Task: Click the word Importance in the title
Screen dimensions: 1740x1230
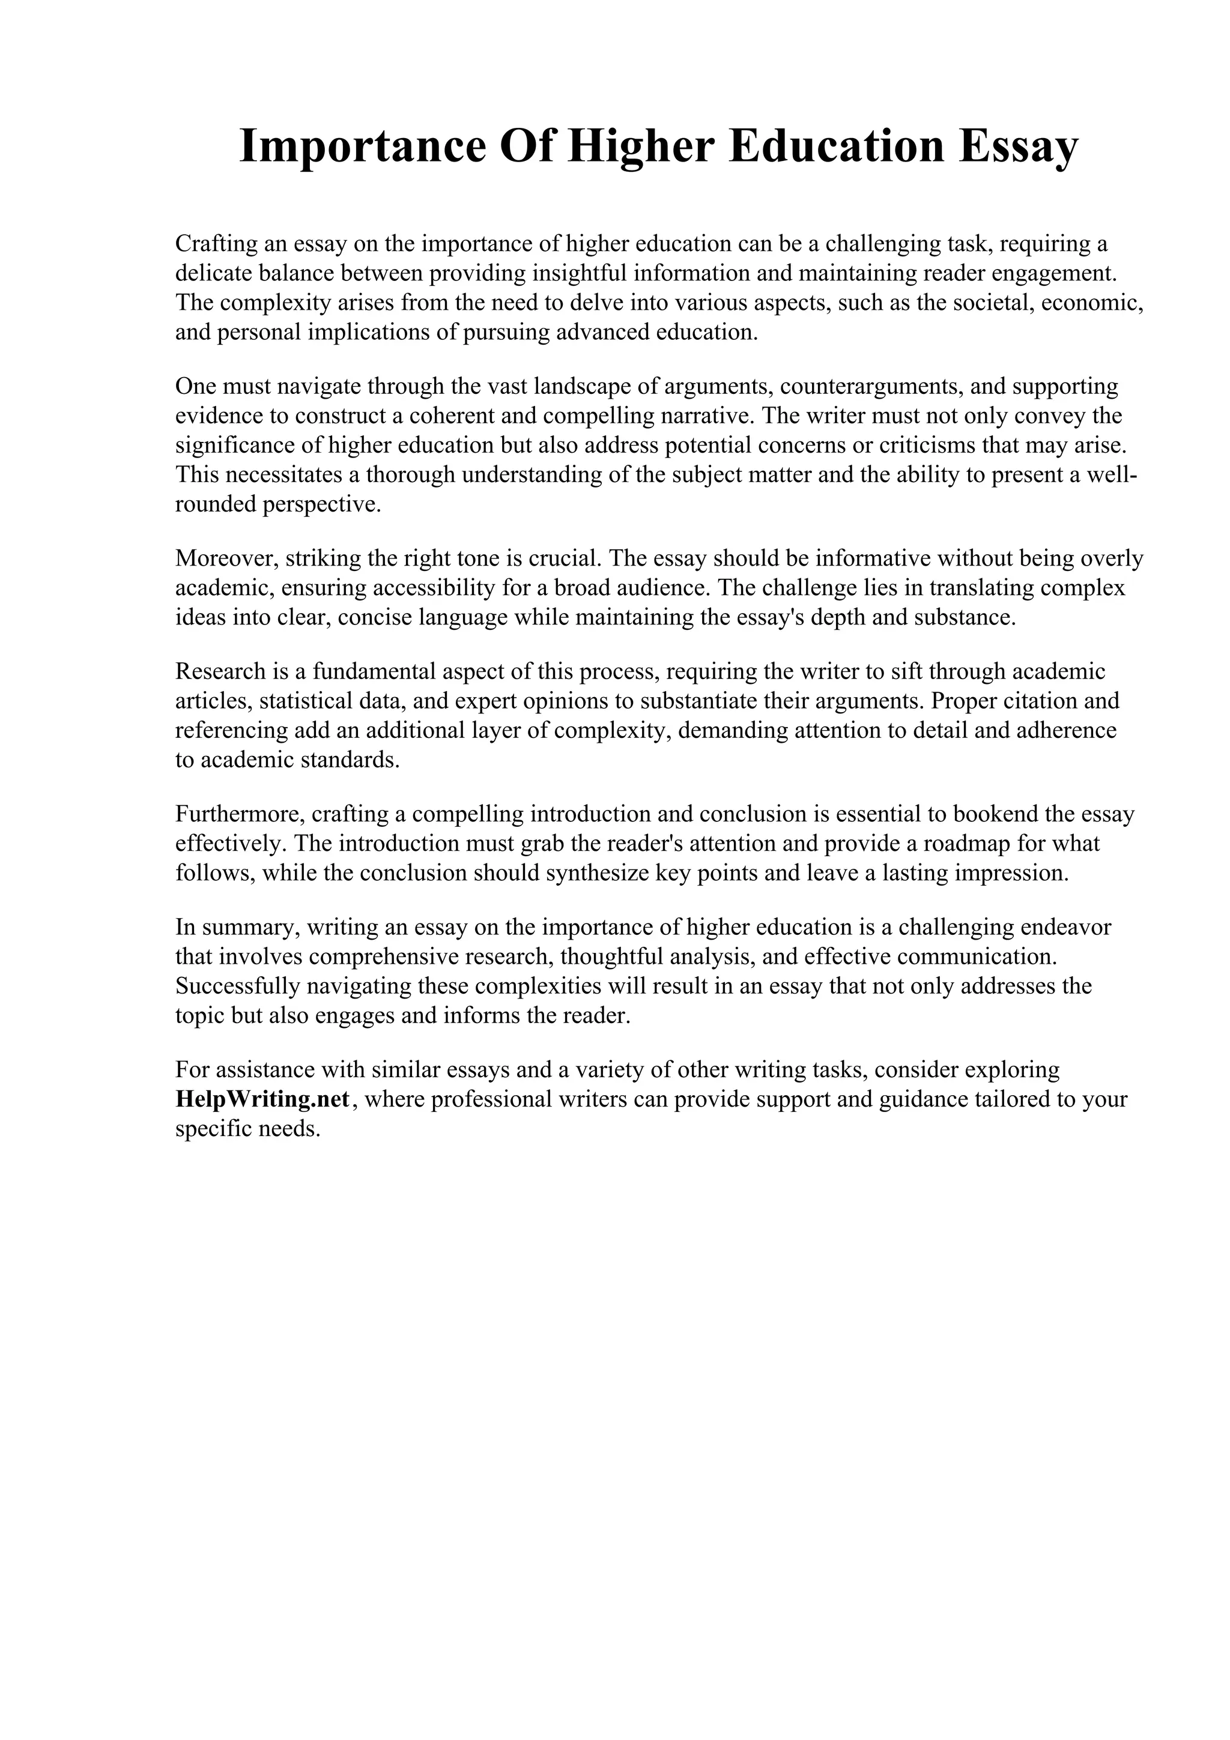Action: [362, 147]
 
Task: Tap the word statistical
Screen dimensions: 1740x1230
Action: [307, 701]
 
